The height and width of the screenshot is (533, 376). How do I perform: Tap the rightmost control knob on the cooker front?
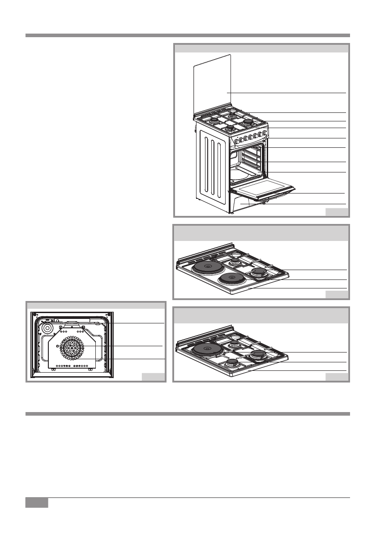click(x=265, y=133)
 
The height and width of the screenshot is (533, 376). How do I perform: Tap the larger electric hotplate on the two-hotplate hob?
click(x=207, y=268)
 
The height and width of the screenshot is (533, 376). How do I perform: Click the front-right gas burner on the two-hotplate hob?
click(x=258, y=272)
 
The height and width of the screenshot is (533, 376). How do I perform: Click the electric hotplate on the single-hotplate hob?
click(x=207, y=349)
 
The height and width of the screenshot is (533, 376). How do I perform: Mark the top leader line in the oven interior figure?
click(x=134, y=323)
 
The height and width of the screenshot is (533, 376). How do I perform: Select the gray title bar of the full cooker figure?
click(x=261, y=48)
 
